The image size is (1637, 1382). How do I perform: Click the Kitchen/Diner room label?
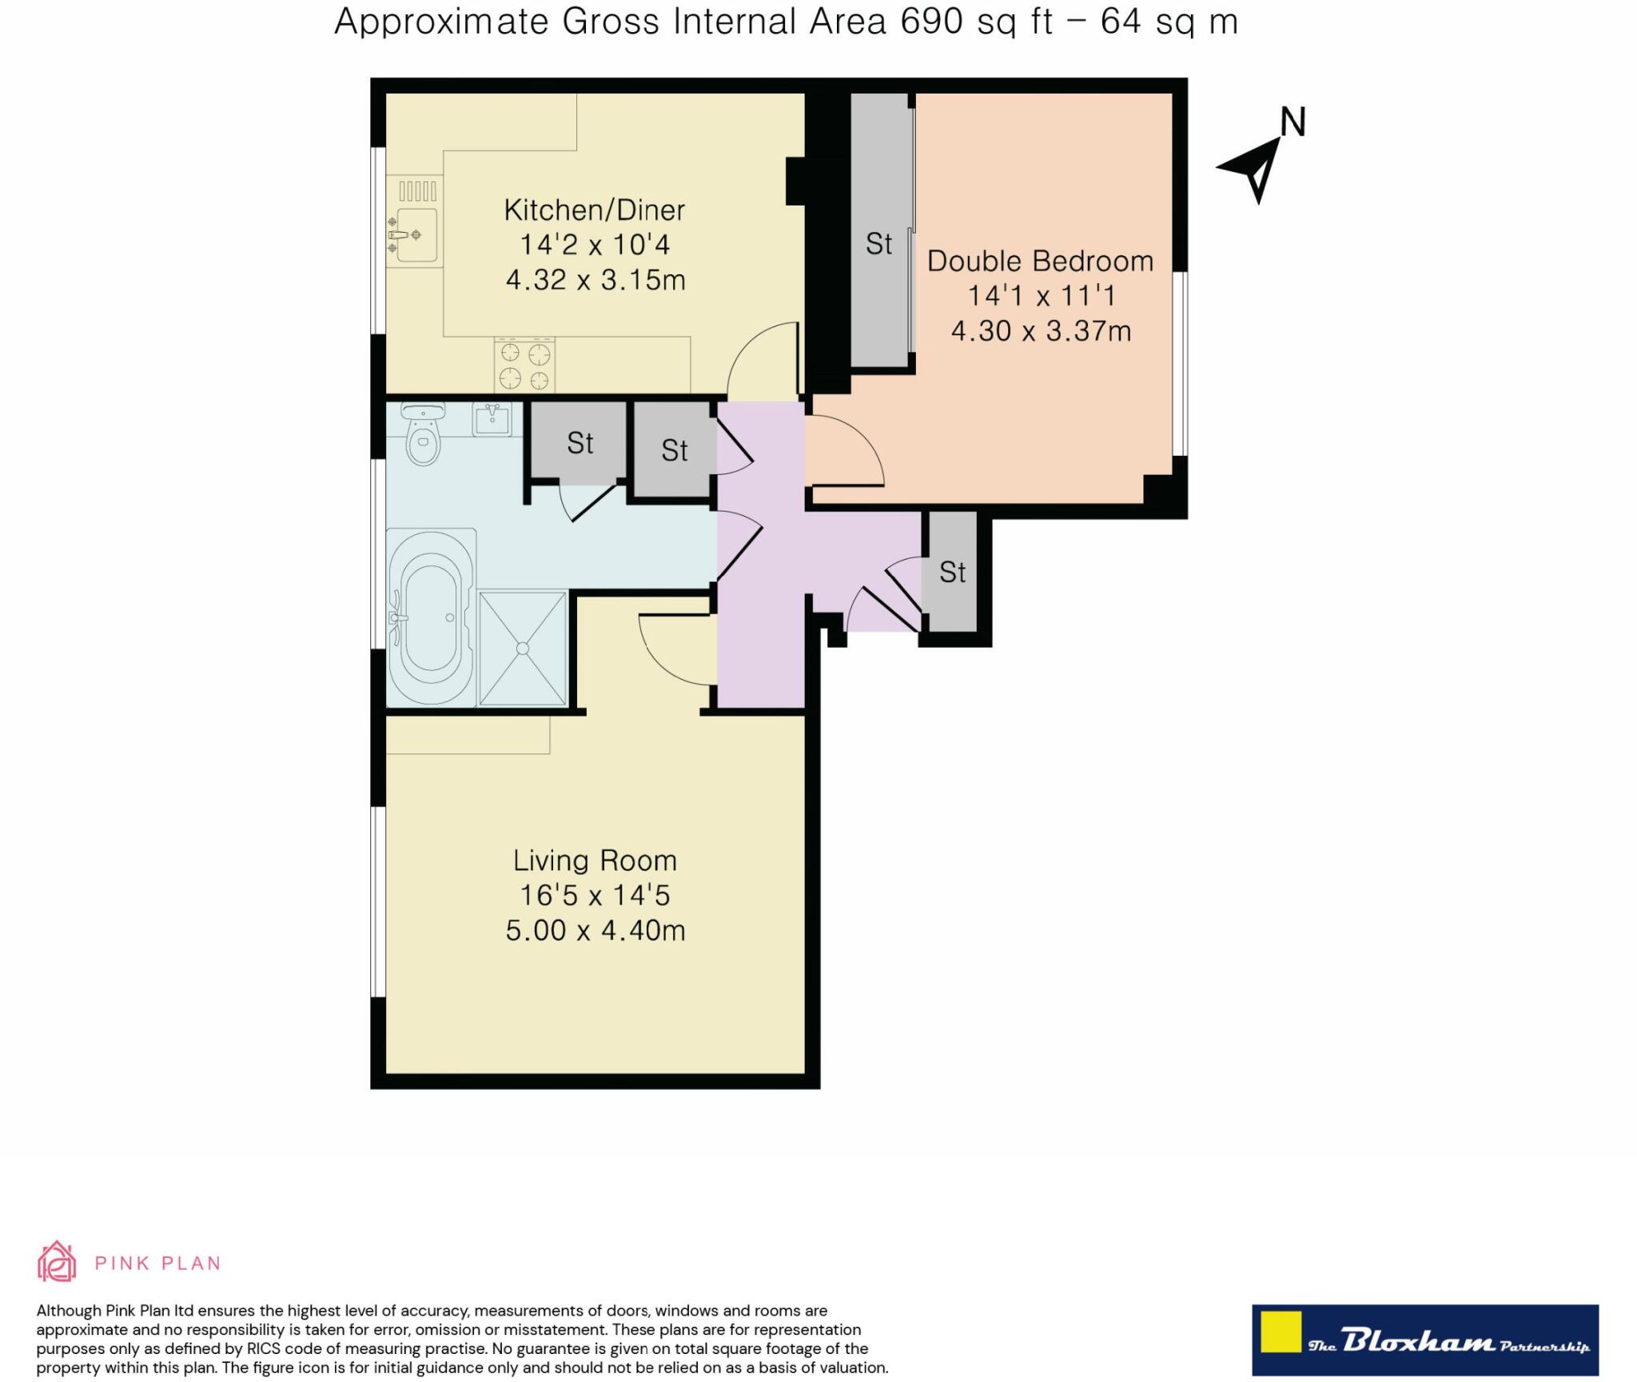click(x=594, y=210)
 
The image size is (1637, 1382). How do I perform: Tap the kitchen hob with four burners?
click(x=524, y=365)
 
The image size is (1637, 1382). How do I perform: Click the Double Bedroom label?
click(x=1040, y=262)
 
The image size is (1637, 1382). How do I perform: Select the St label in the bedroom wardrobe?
click(x=878, y=244)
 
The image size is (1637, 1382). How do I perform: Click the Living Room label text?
click(x=595, y=861)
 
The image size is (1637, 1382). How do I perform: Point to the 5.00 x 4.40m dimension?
click(x=595, y=931)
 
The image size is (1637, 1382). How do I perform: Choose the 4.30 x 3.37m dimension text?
click(x=1041, y=331)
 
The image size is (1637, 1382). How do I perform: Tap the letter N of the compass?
click(x=1292, y=122)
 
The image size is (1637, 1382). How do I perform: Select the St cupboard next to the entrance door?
click(x=952, y=573)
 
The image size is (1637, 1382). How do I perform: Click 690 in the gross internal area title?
click(x=931, y=22)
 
